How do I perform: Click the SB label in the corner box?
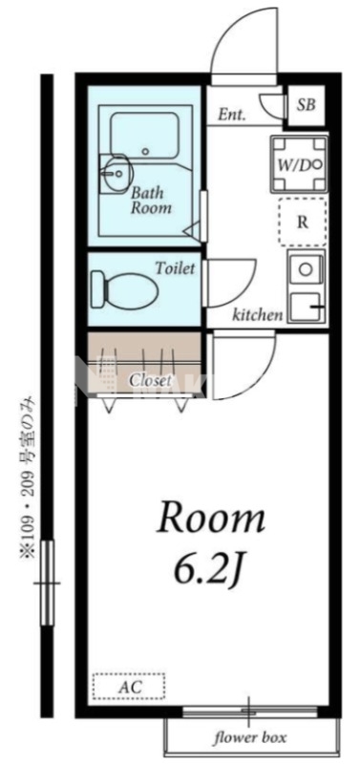click(307, 105)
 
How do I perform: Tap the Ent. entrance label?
click(231, 115)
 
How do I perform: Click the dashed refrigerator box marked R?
click(302, 223)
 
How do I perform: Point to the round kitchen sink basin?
click(306, 269)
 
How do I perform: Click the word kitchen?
click(257, 315)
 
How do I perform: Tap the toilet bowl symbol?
click(125, 290)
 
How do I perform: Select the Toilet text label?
click(176, 267)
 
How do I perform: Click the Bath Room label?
click(152, 201)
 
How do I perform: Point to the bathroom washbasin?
click(115, 173)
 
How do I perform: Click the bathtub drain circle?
click(145, 152)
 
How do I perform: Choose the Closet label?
click(150, 380)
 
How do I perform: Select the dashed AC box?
click(129, 688)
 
